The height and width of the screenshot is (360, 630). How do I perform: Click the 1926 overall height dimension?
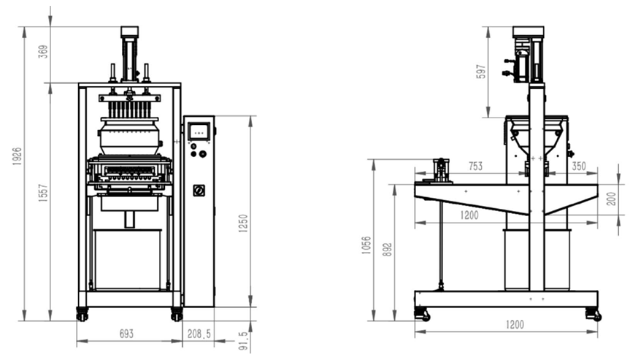pyautogui.click(x=17, y=157)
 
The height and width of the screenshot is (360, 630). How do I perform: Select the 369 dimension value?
pyautogui.click(x=43, y=51)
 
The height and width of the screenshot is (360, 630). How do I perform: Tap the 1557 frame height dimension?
pyautogui.click(x=43, y=193)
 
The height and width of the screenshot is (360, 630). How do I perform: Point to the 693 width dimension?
pyautogui.click(x=126, y=334)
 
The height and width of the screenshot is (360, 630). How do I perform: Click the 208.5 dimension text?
pyautogui.click(x=199, y=334)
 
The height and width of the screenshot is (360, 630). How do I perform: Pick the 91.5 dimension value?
pyautogui.click(x=244, y=341)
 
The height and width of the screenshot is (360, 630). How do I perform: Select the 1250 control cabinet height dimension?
pyautogui.click(x=244, y=223)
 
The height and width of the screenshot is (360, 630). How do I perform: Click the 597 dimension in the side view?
pyautogui.click(x=482, y=72)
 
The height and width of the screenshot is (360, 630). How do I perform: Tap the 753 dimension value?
pyautogui.click(x=476, y=166)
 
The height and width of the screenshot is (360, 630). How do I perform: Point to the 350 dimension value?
pyautogui.click(x=579, y=166)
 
